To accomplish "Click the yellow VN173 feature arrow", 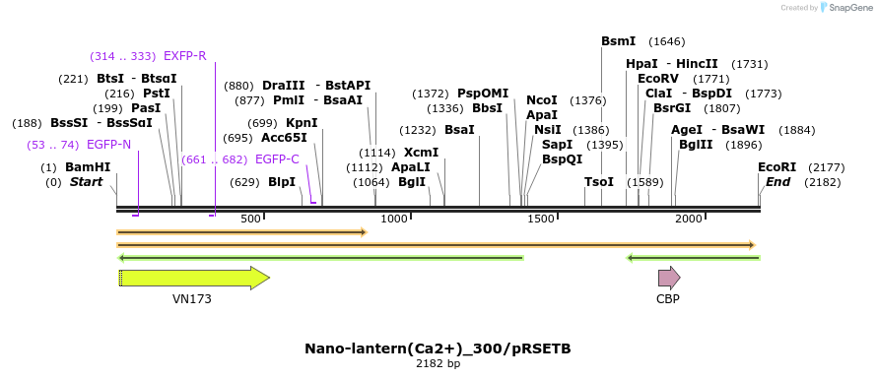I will pos(193,278).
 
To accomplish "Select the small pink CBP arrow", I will pos(669,278).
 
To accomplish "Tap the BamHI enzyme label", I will pos(88,167).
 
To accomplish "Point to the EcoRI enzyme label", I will pos(776,167).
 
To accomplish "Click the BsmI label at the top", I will pos(618,41).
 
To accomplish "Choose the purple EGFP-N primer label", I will pos(108,145).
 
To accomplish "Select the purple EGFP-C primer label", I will pos(277,158).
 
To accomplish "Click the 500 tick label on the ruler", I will pos(250,219).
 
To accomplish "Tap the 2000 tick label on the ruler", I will pos(688,219).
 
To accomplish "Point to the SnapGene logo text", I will pos(848,8).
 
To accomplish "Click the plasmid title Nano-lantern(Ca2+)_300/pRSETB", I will pos(438,348).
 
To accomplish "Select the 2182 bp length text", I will pos(438,364).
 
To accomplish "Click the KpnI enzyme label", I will pos(302,123).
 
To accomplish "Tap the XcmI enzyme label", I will pos(421,153).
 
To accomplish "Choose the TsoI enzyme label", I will pos(598,182).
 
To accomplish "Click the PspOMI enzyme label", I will pos(482,94).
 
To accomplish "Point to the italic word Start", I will pos(86,182).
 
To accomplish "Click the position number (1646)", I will pos(666,41).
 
